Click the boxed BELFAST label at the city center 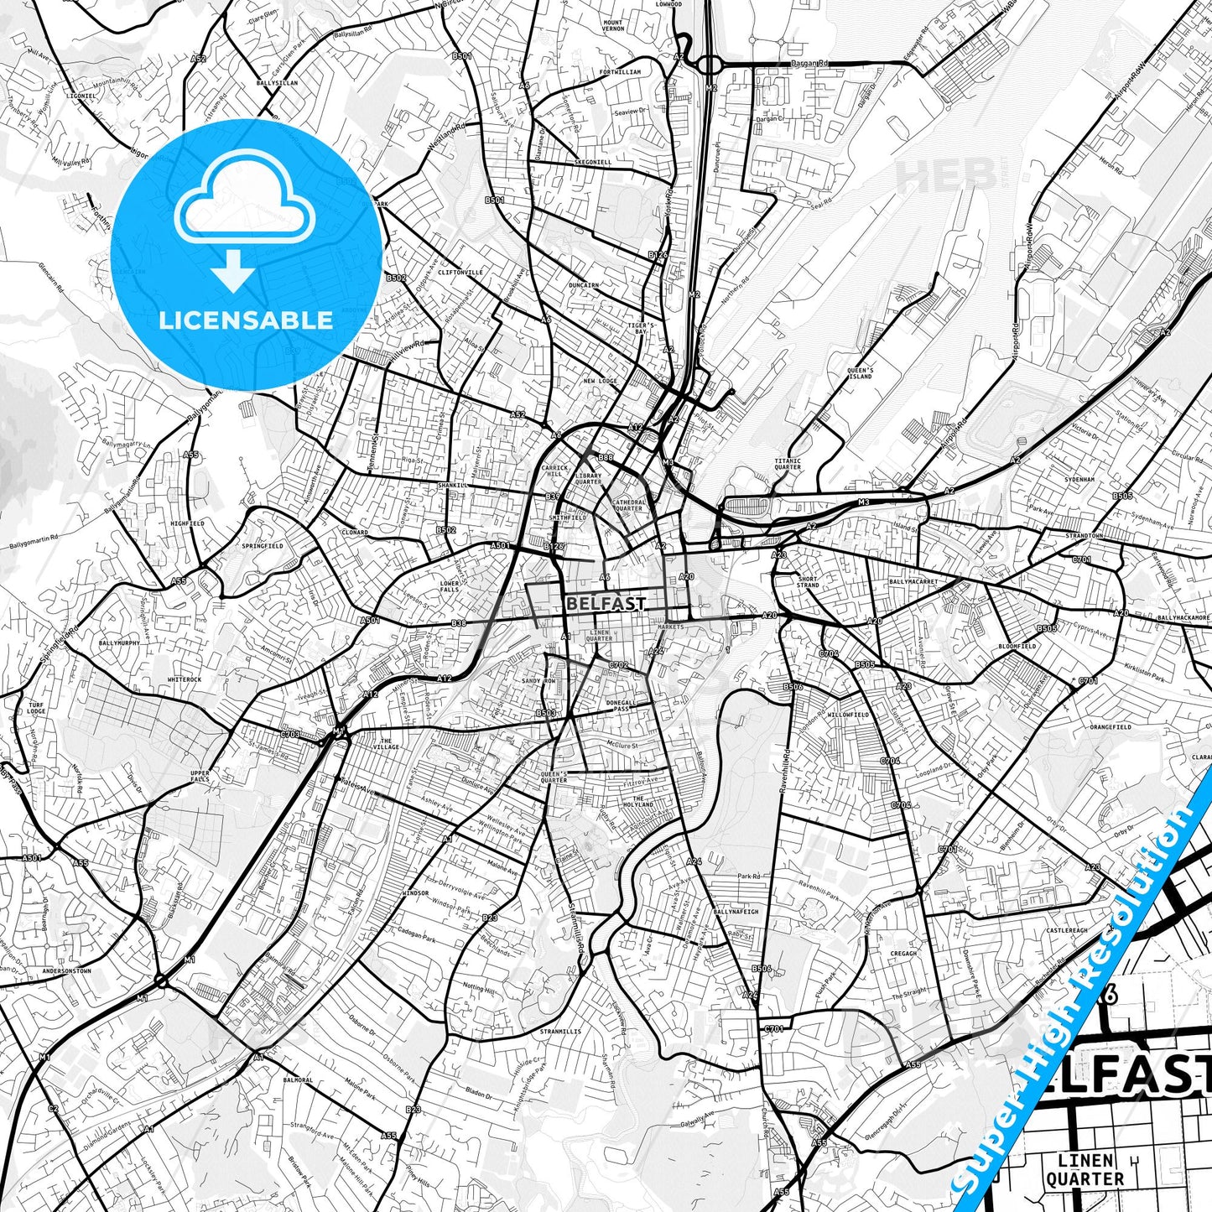click(606, 603)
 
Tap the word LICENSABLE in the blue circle click(246, 320)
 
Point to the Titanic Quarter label click(788, 464)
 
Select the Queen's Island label click(860, 373)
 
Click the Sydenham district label click(1080, 480)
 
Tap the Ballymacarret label click(913, 580)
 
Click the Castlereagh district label click(1066, 930)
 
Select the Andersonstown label click(65, 970)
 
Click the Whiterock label click(185, 679)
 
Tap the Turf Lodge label click(36, 707)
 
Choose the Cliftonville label click(460, 272)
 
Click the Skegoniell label click(593, 162)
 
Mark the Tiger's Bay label click(642, 328)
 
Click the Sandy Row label click(539, 681)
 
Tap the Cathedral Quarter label click(629, 505)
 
